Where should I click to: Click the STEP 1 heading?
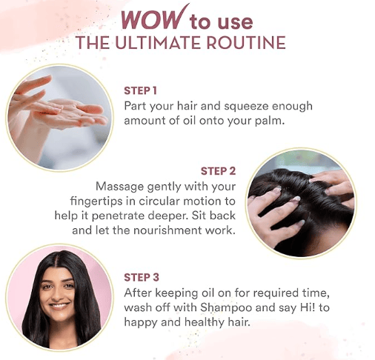point(140,90)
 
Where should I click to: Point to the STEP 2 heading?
point(218,171)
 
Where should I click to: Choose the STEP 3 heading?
point(142,277)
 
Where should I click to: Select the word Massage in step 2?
point(119,187)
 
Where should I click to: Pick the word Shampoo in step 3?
point(226,308)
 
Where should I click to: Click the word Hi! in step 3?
point(308,307)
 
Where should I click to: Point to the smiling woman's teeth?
point(59,306)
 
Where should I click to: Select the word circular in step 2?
point(159,201)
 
